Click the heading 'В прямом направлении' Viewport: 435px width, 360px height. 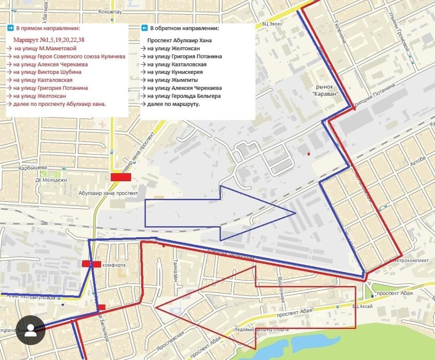click(48, 29)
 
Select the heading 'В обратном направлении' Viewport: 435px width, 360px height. click(184, 29)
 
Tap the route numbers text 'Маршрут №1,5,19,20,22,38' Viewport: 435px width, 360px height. click(48, 40)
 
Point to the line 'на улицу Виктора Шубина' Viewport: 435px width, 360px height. click(47, 72)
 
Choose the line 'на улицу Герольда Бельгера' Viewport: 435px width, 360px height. click(184, 96)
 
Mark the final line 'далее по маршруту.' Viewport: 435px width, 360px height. click(173, 104)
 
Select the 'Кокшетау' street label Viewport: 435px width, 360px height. click(110, 12)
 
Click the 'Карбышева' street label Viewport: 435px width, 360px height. click(33, 168)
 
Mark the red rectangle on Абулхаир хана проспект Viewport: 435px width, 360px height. click(121, 177)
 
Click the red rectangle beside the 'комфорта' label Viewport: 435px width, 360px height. click(91, 264)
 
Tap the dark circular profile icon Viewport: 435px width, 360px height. click(31, 330)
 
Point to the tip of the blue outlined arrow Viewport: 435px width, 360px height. click(295, 213)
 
